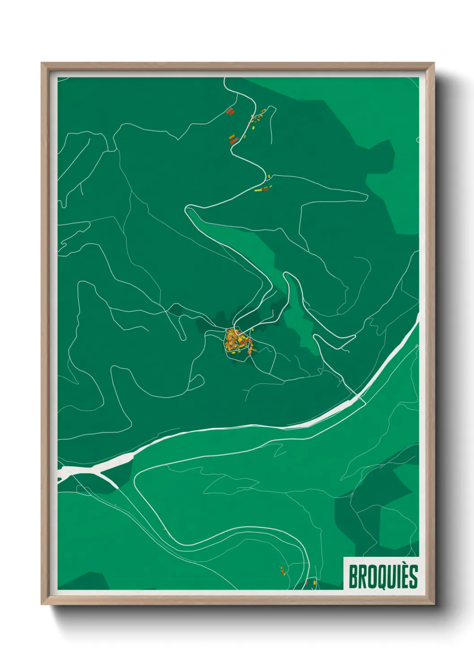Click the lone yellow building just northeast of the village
[253, 330]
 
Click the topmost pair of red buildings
[230, 111]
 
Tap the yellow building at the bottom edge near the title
[315, 582]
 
